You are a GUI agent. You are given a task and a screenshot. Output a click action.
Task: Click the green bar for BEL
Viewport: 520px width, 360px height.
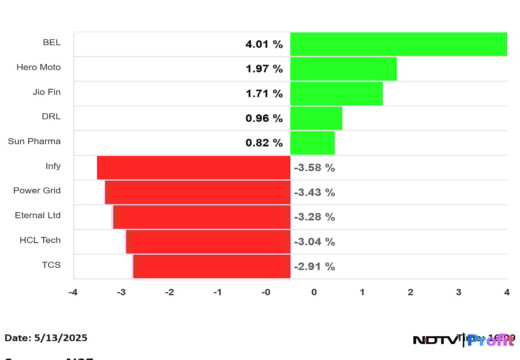click(x=398, y=44)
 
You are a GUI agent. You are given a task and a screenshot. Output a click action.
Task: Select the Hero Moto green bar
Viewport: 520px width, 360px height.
click(x=343, y=69)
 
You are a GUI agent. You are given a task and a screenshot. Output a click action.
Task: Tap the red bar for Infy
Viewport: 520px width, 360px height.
click(x=193, y=168)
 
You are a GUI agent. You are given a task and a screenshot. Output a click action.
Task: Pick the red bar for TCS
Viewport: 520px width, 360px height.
click(x=211, y=266)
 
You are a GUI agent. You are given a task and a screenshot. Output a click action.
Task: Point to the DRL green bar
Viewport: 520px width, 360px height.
click(x=316, y=118)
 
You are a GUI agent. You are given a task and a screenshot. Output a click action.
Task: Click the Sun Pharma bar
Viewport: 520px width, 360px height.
click(x=312, y=143)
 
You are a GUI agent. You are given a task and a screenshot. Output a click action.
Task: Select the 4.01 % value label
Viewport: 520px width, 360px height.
click(x=264, y=44)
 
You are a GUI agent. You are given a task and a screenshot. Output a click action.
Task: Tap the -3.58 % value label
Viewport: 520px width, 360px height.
click(x=314, y=168)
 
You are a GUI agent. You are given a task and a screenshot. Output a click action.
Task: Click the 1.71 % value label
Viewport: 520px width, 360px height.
click(x=264, y=94)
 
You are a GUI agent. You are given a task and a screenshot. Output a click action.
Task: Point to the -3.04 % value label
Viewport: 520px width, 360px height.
click(x=314, y=242)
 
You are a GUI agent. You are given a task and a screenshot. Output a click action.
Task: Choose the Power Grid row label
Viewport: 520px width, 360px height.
click(x=37, y=191)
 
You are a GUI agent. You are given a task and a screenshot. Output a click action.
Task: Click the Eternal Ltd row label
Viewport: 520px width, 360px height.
click(x=38, y=215)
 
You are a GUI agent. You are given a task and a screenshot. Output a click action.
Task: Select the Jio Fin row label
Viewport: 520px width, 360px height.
click(x=47, y=92)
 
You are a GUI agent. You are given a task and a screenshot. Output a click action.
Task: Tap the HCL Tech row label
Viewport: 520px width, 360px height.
click(x=40, y=240)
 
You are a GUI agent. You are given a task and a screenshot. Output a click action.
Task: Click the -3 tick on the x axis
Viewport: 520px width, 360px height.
click(x=121, y=292)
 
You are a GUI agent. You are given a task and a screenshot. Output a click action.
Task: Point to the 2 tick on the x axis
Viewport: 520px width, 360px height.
click(x=410, y=292)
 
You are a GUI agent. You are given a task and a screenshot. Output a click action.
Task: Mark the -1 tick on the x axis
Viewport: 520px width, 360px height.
click(x=218, y=292)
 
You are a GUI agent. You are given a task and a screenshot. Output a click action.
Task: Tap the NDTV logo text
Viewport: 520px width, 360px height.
click(x=435, y=340)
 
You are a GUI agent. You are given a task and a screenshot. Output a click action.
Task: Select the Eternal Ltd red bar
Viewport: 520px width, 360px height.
click(x=201, y=217)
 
